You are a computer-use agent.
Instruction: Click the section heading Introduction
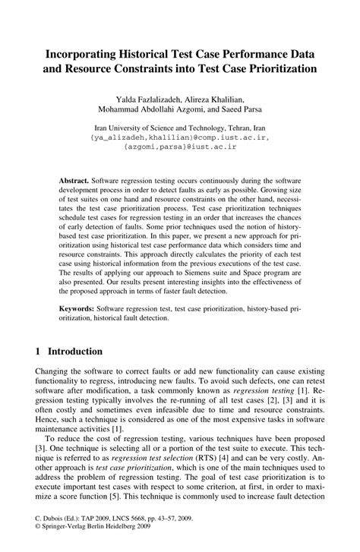(74, 352)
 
